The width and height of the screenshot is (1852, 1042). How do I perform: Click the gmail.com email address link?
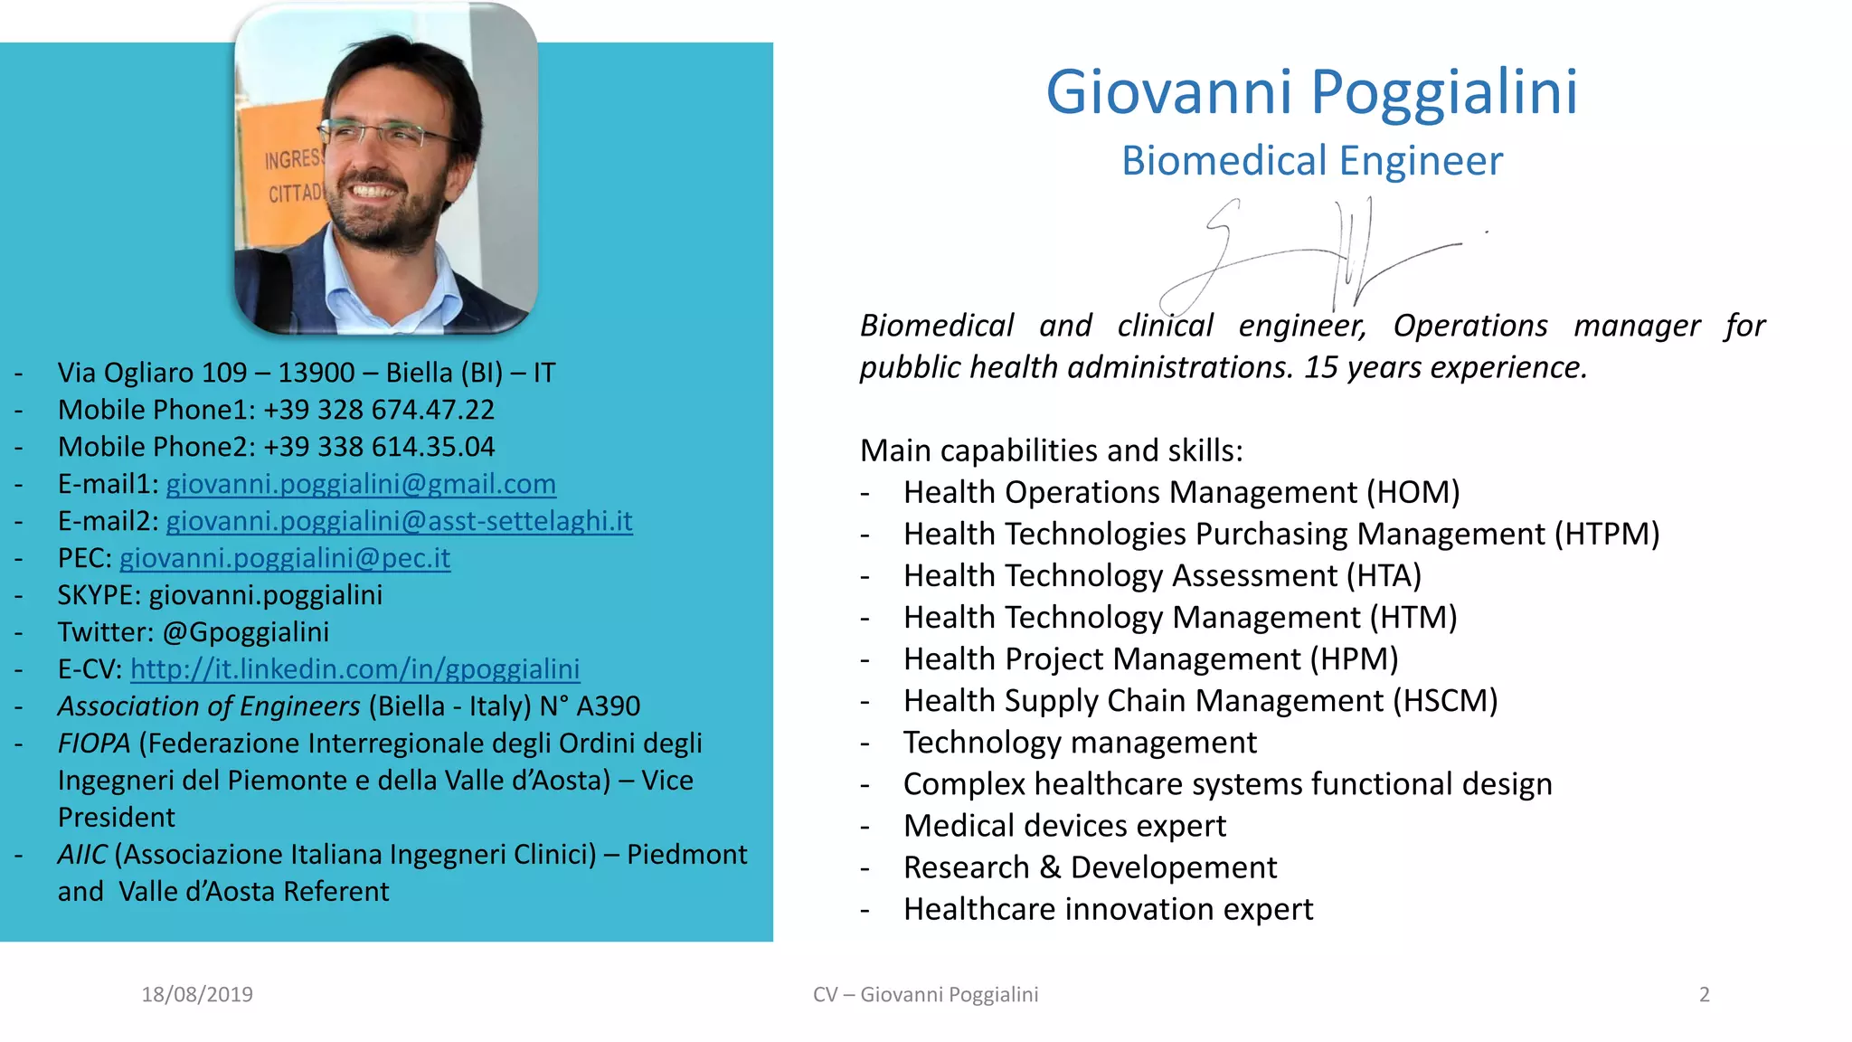click(x=361, y=484)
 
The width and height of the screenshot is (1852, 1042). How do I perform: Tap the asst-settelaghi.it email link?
click(x=399, y=521)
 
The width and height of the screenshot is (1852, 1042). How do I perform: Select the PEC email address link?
click(x=284, y=558)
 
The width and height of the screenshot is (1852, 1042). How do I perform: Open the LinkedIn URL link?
click(x=354, y=669)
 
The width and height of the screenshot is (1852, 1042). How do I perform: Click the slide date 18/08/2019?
click(x=197, y=995)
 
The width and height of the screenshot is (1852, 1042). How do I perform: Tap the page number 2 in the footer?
click(x=1704, y=995)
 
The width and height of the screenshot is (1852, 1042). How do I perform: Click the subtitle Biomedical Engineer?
click(x=1311, y=161)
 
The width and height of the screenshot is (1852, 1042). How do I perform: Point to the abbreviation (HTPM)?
click(x=1606, y=534)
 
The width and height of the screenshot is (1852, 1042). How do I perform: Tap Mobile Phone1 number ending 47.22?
click(x=379, y=410)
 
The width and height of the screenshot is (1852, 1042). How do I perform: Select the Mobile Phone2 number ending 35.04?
click(x=379, y=447)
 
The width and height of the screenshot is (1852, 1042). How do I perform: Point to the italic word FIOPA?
click(x=94, y=744)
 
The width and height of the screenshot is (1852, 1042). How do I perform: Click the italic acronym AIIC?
click(x=82, y=855)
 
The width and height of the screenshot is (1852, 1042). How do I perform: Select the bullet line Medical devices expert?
click(x=1064, y=826)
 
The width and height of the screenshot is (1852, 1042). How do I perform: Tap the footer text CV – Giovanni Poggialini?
click(x=925, y=995)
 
